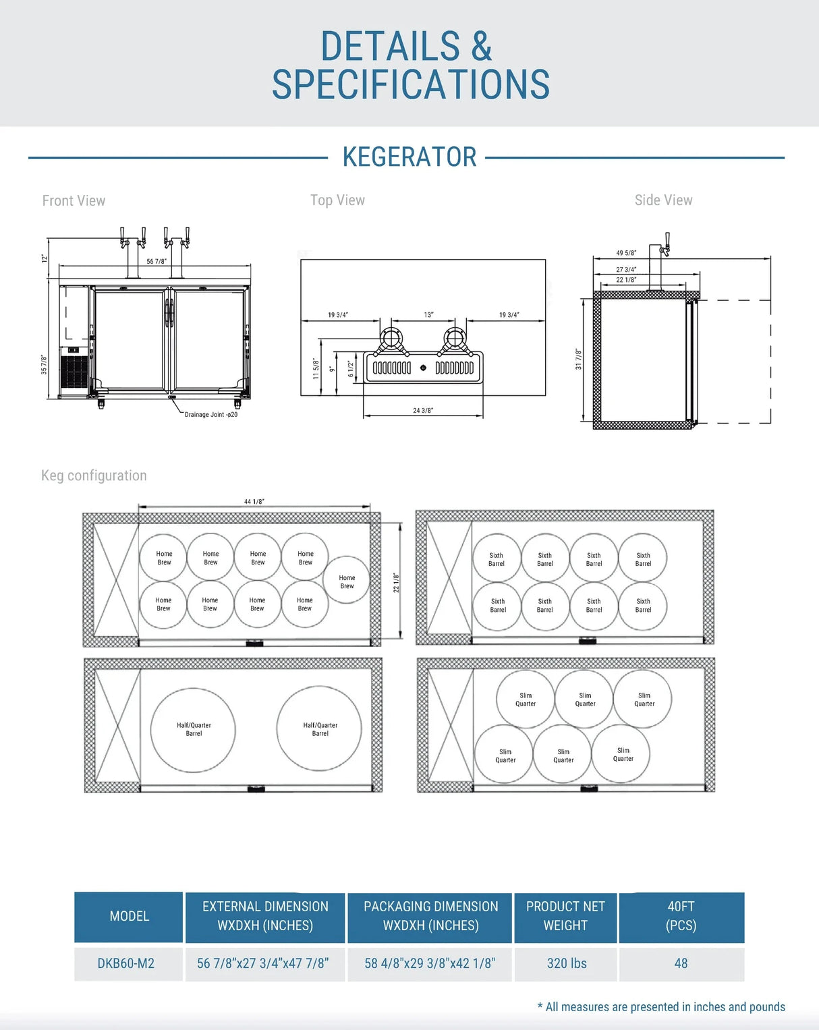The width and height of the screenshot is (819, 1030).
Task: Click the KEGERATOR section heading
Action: pos(409,157)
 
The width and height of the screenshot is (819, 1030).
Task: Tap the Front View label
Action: pos(74,201)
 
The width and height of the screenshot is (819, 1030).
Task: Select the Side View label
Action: pos(663,200)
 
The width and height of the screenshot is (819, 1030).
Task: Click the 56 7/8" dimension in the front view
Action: pos(157,262)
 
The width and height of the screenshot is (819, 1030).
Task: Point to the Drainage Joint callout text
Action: pos(210,415)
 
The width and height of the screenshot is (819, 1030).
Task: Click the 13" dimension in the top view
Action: pos(428,315)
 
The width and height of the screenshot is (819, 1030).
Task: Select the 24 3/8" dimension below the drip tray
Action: pos(423,410)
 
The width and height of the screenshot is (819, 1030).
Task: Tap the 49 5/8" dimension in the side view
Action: pos(626,254)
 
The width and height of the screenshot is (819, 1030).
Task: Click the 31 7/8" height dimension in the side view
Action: pos(578,359)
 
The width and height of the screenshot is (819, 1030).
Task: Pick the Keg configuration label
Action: pos(94,476)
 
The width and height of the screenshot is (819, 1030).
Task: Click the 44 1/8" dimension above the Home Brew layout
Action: pos(254,502)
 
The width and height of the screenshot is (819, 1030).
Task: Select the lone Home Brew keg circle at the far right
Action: pos(347,580)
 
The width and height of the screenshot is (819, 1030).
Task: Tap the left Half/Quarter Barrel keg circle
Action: pos(194,730)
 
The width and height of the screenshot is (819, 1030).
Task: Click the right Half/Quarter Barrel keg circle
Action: pos(320,729)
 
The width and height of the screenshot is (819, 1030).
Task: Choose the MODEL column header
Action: pos(129,917)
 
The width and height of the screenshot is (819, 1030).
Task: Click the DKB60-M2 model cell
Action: pos(126,964)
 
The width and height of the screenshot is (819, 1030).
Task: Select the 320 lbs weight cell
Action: pos(567,964)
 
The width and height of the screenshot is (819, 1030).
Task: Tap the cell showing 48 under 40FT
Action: pos(681,964)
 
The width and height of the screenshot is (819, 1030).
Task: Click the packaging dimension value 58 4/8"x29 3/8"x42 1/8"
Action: pos(430,964)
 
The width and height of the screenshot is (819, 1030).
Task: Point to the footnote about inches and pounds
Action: pos(662,1007)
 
